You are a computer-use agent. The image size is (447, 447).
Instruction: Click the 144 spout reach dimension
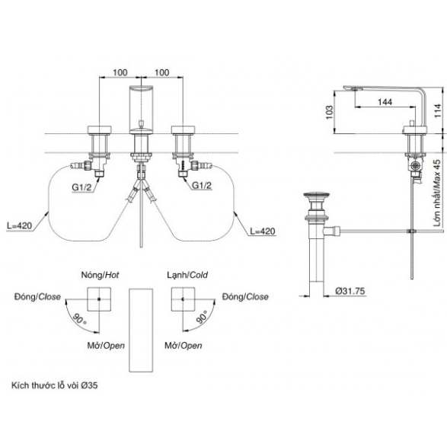pyautogui.click(x=385, y=102)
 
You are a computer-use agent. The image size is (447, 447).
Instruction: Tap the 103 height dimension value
pyautogui.click(x=329, y=112)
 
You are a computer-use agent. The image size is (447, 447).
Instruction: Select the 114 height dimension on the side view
pyautogui.click(x=437, y=110)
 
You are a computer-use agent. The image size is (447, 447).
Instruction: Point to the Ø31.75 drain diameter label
pyautogui.click(x=350, y=291)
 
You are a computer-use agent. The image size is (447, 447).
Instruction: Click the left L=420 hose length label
pyautogui.click(x=19, y=225)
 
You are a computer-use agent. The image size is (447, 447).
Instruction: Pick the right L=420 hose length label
pyautogui.click(x=263, y=231)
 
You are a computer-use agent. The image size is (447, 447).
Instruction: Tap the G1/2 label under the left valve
pyautogui.click(x=81, y=187)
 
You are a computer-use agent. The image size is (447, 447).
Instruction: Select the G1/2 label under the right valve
pyautogui.click(x=202, y=185)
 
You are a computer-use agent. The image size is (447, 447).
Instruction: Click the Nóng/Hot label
pyautogui.click(x=100, y=275)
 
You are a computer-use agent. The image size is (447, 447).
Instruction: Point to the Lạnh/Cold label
pyautogui.click(x=187, y=275)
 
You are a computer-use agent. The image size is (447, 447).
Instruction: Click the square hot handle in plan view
pyautogui.click(x=99, y=299)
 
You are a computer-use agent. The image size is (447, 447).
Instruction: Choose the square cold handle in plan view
pyautogui.click(x=183, y=299)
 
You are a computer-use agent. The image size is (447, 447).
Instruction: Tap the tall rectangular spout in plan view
pyautogui.click(x=141, y=330)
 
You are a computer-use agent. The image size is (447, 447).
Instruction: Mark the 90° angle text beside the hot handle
pyautogui.click(x=80, y=319)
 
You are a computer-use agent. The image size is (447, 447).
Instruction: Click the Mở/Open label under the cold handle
pyautogui.click(x=184, y=346)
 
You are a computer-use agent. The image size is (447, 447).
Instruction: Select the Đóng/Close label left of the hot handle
pyautogui.click(x=37, y=297)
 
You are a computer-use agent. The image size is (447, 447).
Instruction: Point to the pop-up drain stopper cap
pyautogui.click(x=317, y=196)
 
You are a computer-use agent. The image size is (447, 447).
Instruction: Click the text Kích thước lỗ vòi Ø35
pyautogui.click(x=55, y=385)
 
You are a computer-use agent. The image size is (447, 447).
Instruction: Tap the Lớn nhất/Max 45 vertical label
pyautogui.click(x=437, y=193)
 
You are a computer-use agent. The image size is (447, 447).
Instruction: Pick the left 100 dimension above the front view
pyautogui.click(x=120, y=72)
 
